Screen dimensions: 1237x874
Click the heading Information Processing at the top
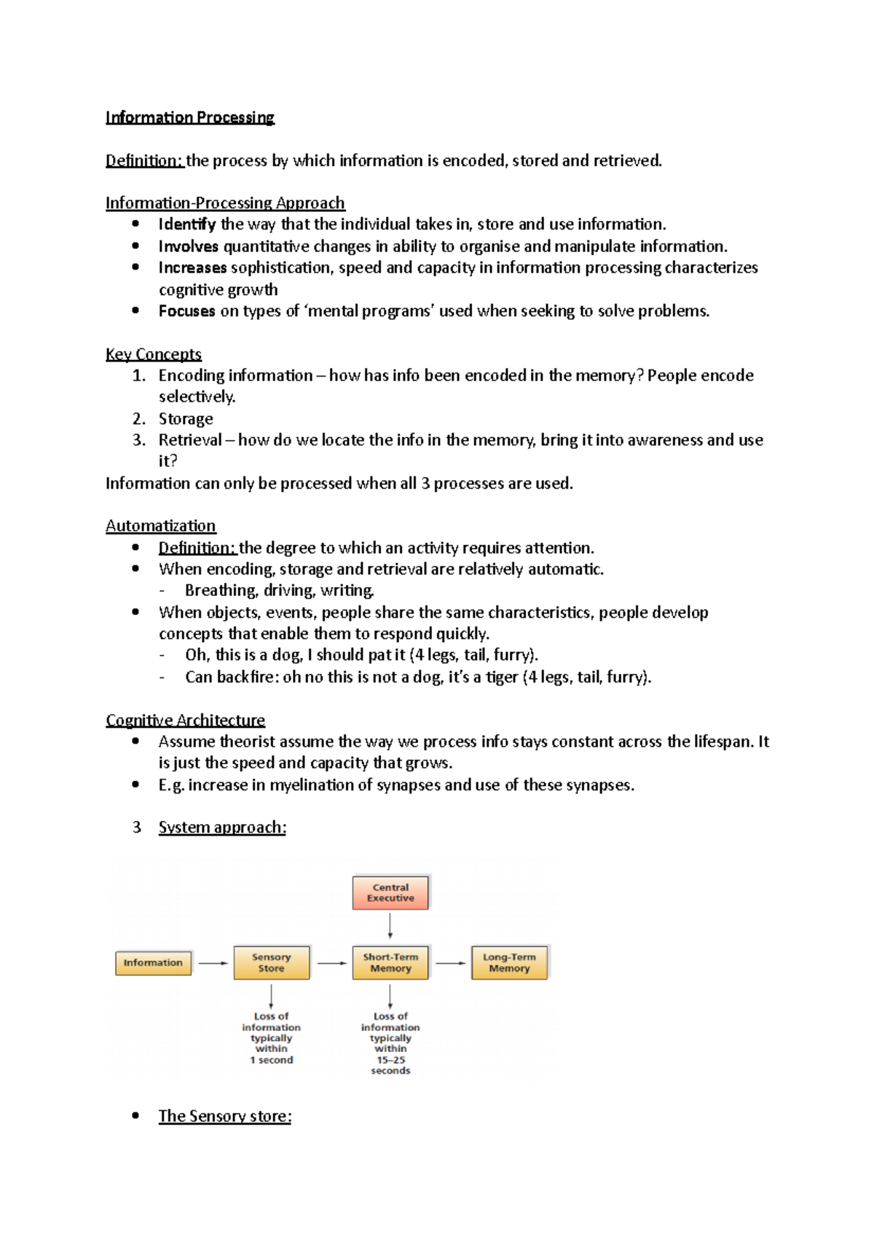tap(189, 117)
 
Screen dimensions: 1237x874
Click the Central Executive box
tap(390, 892)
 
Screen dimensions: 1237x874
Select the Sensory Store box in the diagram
tap(271, 962)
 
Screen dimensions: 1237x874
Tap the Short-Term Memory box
tap(390, 962)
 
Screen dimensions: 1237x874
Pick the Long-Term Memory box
tap(509, 962)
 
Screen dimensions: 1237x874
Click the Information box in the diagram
tap(153, 962)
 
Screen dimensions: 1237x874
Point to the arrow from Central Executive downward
tap(390, 925)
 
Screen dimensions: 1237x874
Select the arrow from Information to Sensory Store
tap(213, 963)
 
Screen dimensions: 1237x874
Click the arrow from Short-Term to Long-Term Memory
tap(450, 963)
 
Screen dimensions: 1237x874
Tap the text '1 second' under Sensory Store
tap(271, 1060)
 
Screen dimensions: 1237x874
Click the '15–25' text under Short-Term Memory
tap(390, 1060)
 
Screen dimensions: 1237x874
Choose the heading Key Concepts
tap(153, 354)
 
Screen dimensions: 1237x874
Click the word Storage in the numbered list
tap(186, 419)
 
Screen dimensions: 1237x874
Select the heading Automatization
tap(160, 526)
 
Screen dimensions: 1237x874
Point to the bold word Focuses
tap(186, 311)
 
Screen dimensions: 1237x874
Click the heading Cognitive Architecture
tap(185, 720)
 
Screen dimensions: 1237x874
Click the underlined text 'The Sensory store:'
tap(224, 1116)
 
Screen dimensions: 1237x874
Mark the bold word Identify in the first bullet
tap(186, 224)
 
